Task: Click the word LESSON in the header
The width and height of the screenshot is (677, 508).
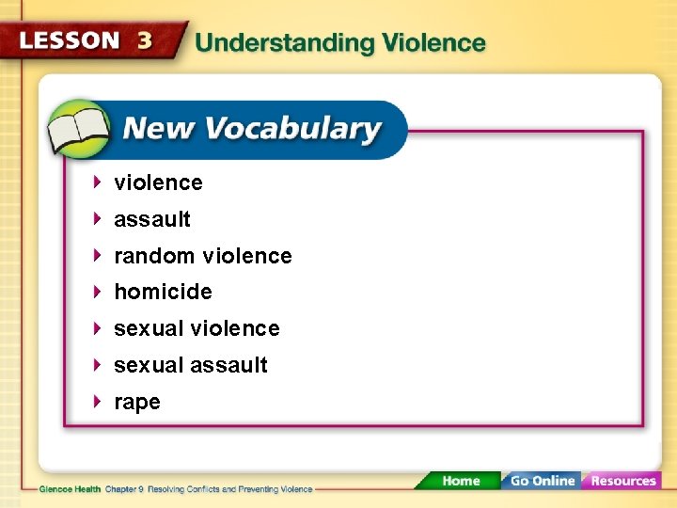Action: point(70,41)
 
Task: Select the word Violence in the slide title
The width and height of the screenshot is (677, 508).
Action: point(432,43)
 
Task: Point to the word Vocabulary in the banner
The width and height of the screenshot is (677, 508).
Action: point(298,129)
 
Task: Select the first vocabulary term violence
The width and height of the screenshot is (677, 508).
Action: point(158,183)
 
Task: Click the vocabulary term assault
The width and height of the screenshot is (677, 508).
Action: point(151,219)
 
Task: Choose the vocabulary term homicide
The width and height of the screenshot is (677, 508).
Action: point(163,292)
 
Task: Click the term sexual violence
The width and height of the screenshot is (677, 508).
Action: point(197,328)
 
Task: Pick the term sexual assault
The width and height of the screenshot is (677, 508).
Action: point(191,365)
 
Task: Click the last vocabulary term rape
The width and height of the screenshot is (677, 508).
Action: point(137,403)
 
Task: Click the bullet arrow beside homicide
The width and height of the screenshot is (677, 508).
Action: point(98,292)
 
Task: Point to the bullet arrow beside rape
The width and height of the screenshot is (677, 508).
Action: point(98,402)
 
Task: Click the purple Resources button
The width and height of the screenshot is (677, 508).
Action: point(622,481)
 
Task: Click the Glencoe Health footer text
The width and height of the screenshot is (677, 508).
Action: point(71,489)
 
